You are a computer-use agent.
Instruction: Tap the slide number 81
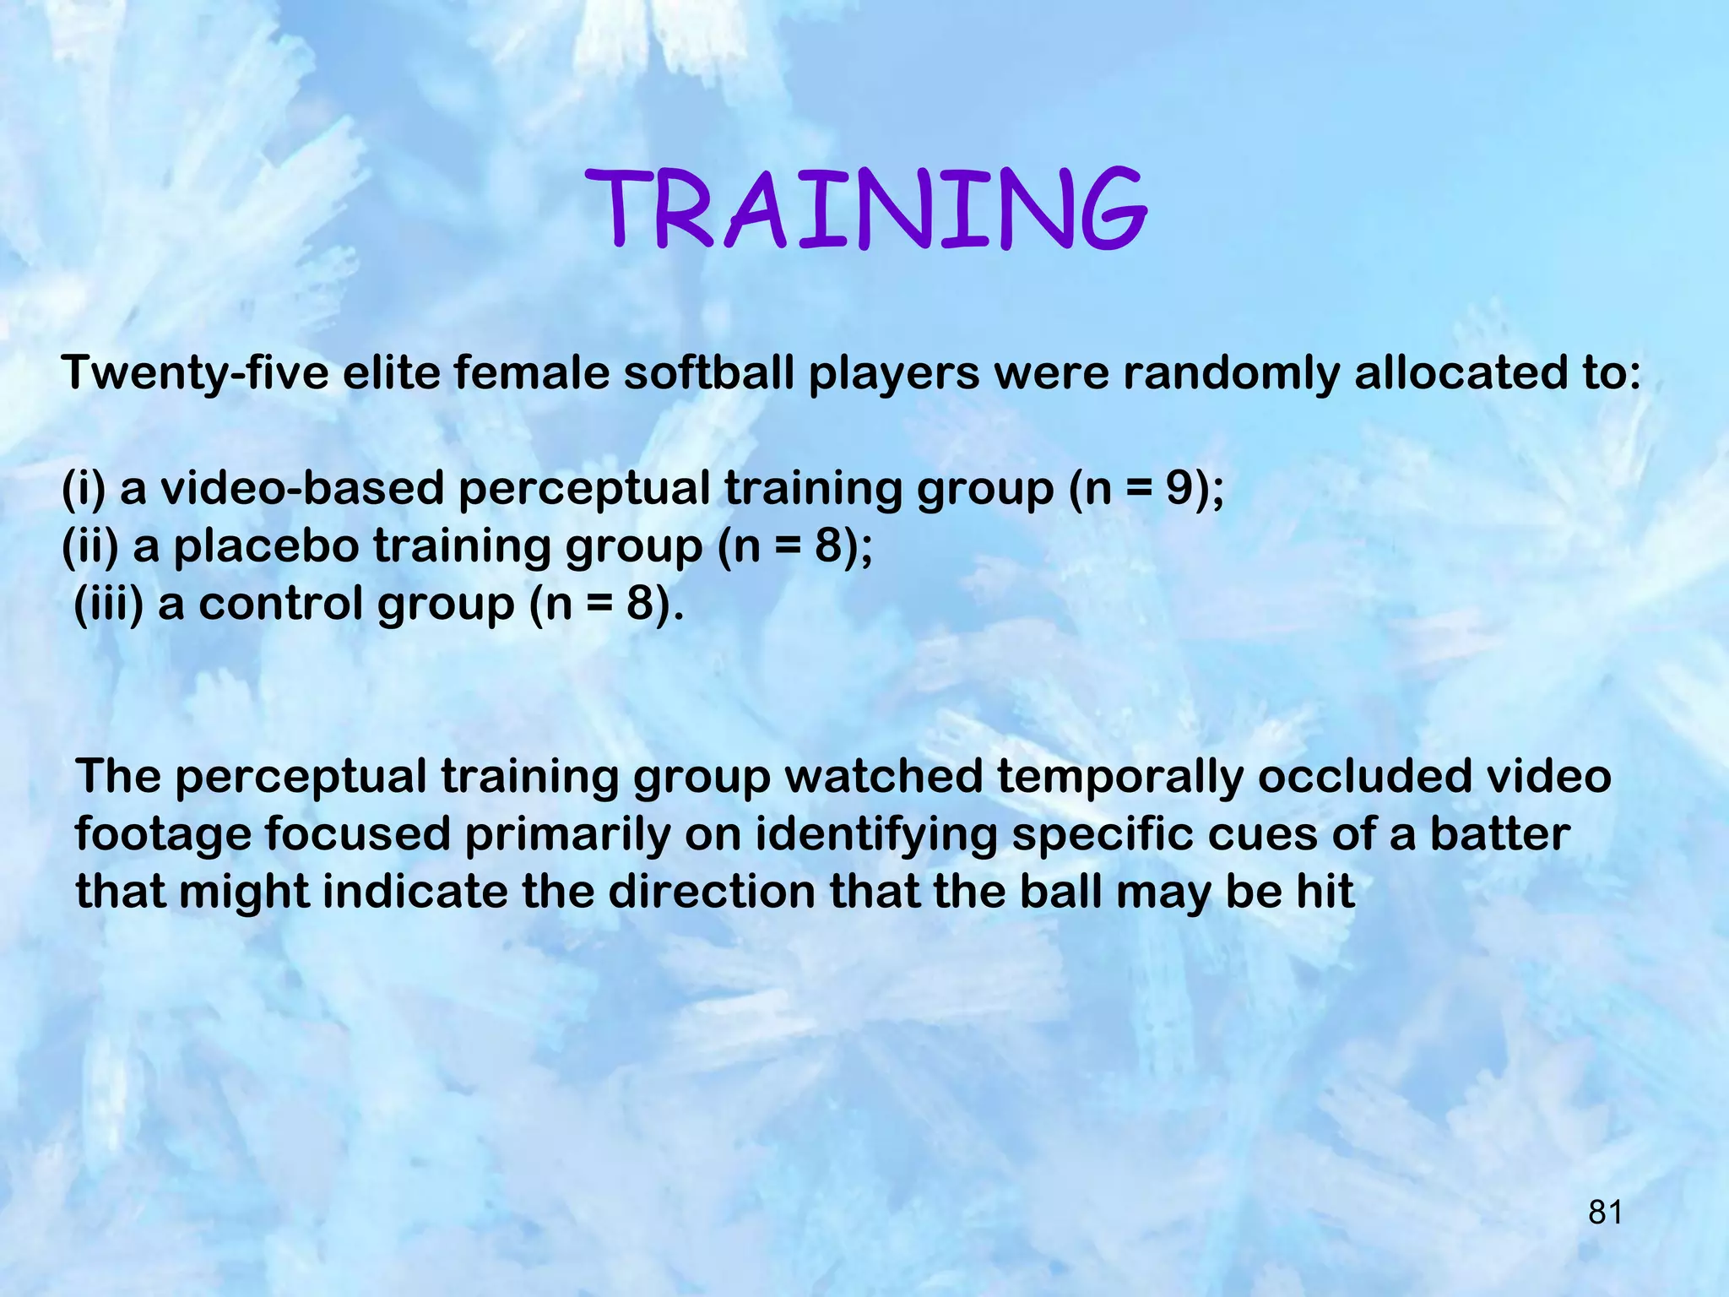click(1605, 1212)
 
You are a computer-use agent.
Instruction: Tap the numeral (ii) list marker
click(90, 546)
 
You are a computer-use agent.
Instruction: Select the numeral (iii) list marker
click(108, 605)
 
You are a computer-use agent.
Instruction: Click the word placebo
click(266, 546)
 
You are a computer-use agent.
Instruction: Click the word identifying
click(875, 835)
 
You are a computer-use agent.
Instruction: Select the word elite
click(391, 372)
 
